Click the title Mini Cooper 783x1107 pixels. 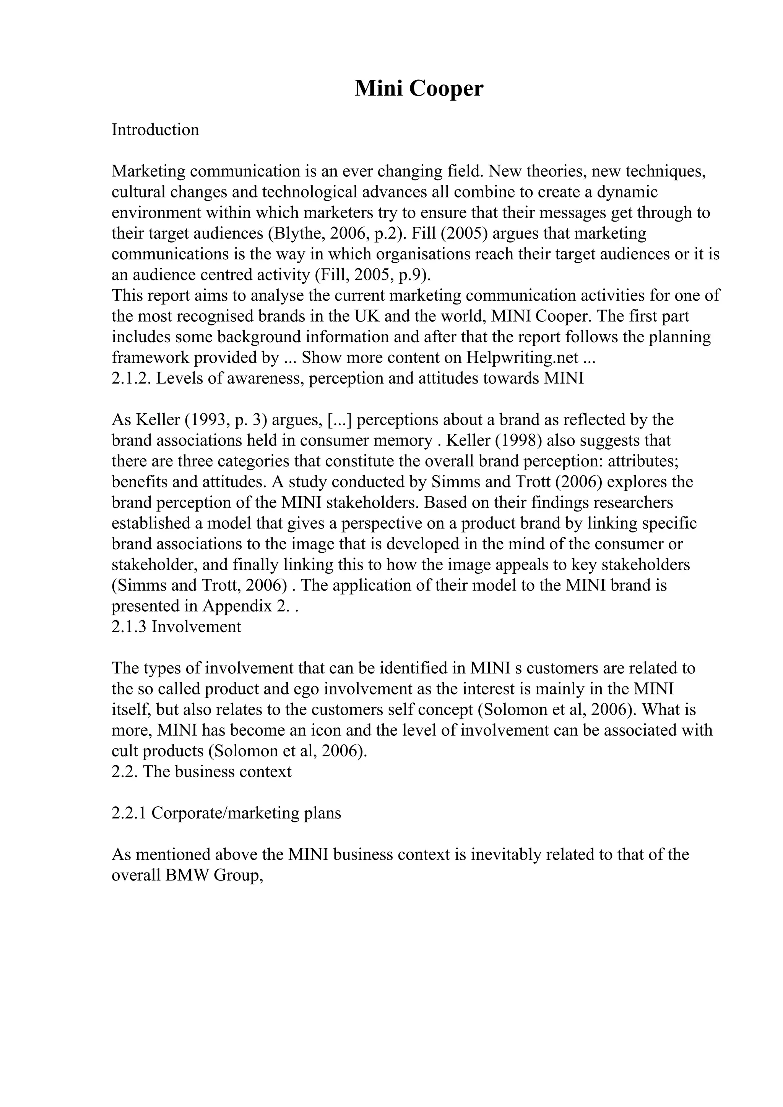tap(418, 89)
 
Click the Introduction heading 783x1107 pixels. tap(155, 130)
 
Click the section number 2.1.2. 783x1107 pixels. tap(131, 378)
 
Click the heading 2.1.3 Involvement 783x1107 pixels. tap(176, 627)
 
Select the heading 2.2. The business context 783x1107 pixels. tap(201, 772)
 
